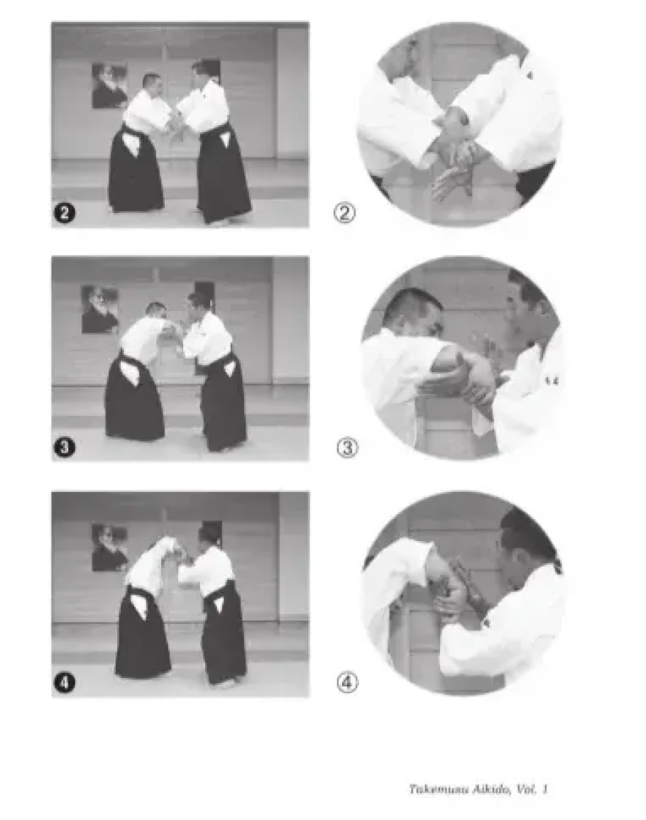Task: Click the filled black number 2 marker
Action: (65, 213)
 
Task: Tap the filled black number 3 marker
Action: (65, 448)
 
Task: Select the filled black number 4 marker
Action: (65, 682)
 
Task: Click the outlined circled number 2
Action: (345, 213)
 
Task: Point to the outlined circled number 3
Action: (347, 448)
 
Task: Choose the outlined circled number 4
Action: (347, 682)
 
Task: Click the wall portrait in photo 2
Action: (110, 85)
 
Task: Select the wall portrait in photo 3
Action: (100, 310)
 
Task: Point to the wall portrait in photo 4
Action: (110, 547)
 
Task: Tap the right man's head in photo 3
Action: (198, 302)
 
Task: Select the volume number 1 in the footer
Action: (544, 789)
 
